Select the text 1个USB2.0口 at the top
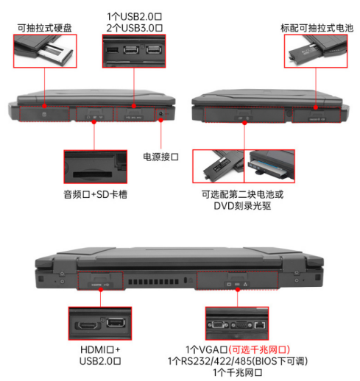pyautogui.click(x=134, y=15)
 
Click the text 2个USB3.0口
pyautogui.click(x=134, y=28)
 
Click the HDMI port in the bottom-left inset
pyautogui.click(x=89, y=323)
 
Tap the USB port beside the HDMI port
pyautogui.click(x=115, y=322)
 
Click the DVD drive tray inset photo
pyautogui.click(x=269, y=167)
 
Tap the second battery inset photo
pyautogui.click(x=217, y=167)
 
